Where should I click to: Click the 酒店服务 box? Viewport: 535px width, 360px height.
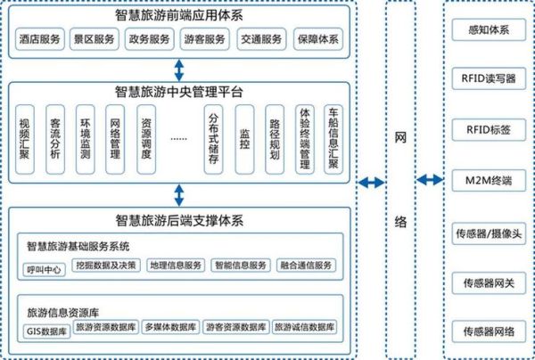pos(40,40)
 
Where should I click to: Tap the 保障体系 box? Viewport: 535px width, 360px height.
pos(317,40)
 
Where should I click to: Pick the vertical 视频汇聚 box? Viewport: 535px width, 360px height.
pos(25,139)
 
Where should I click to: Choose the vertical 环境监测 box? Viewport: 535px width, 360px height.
pos(84,139)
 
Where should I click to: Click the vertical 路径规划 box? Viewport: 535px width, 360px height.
pos(274,139)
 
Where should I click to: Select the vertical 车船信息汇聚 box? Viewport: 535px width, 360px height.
pos(333,139)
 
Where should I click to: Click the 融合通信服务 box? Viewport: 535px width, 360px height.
pos(305,266)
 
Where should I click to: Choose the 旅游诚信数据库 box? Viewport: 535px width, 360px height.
pos(304,328)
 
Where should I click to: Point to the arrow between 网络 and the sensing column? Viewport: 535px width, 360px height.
pos(431,181)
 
